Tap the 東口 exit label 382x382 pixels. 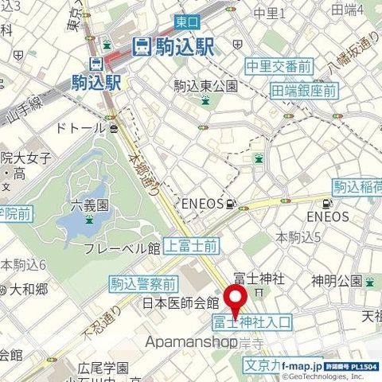(182, 22)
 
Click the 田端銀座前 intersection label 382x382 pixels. (303, 91)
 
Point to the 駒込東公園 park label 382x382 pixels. (205, 85)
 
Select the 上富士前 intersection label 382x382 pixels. (191, 246)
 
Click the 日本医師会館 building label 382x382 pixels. (180, 303)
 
